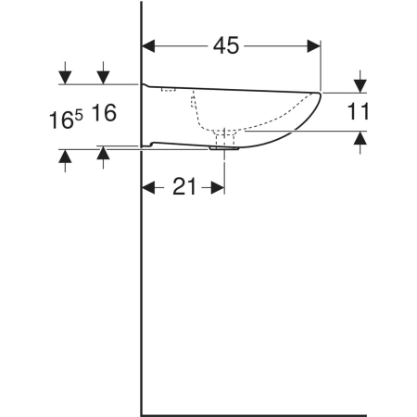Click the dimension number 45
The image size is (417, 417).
(226, 45)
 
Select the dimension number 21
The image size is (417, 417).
(184, 186)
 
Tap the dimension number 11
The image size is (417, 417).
(358, 111)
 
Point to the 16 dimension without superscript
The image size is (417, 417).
(104, 113)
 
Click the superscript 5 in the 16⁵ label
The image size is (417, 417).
(79, 116)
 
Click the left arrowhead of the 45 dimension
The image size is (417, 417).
(148, 46)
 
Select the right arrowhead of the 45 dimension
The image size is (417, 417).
(314, 46)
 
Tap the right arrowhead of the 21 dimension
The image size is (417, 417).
(218, 187)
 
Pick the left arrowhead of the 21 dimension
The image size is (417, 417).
(148, 187)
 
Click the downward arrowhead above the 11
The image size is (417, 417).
(360, 86)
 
